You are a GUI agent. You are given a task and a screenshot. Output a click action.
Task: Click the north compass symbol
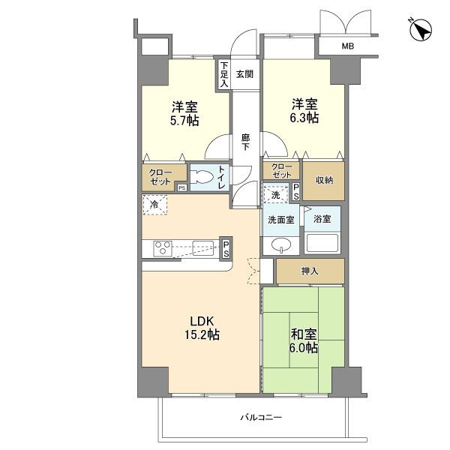coord(421,30)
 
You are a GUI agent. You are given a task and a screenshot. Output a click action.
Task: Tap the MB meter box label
coord(347,46)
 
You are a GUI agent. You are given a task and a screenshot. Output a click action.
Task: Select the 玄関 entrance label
coord(244,74)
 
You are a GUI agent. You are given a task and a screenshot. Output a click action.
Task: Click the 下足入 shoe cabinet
coord(224,74)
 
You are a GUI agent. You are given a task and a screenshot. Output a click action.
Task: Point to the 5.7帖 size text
coord(184,121)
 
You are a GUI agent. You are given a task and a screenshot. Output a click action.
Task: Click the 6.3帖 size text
coord(304,118)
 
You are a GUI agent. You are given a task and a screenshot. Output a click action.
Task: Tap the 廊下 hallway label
coord(245,142)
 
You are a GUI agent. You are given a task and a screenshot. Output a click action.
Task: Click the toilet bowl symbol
coord(202,176)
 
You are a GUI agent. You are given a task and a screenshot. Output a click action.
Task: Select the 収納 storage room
coord(324,181)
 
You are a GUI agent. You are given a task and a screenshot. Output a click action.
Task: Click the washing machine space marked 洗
coord(275,195)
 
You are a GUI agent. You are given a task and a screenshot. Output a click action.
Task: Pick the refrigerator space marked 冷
coord(154,205)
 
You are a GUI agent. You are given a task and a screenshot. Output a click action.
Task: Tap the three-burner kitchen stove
coord(163,248)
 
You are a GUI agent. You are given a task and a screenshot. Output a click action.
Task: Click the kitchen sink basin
coord(203,248)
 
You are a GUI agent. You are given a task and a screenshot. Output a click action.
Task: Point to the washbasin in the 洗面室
coord(281,245)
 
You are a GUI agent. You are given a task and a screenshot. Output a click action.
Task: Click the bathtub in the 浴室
coord(322,243)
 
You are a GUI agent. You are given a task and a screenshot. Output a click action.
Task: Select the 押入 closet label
coord(310,271)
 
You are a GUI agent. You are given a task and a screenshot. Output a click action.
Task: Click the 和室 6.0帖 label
coord(304,341)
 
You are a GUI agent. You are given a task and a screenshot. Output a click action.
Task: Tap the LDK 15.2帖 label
coord(202,328)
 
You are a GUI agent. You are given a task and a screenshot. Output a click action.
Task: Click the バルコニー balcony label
coord(261,417)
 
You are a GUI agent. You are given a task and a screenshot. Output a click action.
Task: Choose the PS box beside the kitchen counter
coord(226,249)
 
